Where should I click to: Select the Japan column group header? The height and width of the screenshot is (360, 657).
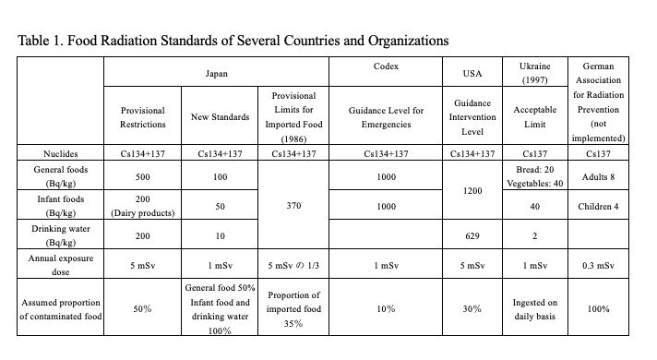tap(217, 71)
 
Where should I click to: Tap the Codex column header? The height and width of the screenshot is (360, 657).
tap(386, 67)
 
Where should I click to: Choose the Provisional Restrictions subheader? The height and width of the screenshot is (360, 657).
tap(143, 117)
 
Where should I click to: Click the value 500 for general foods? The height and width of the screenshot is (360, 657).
tap(143, 175)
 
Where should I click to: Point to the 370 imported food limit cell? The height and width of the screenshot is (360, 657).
tap(294, 208)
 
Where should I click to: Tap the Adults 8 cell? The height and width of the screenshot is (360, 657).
tap(604, 175)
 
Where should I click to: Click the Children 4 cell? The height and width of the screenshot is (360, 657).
tap(604, 206)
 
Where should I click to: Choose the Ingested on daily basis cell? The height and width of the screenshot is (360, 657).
tap(534, 309)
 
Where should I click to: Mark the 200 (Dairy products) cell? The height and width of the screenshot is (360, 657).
tap(143, 206)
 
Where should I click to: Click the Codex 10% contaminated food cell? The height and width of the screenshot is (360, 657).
tap(386, 309)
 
